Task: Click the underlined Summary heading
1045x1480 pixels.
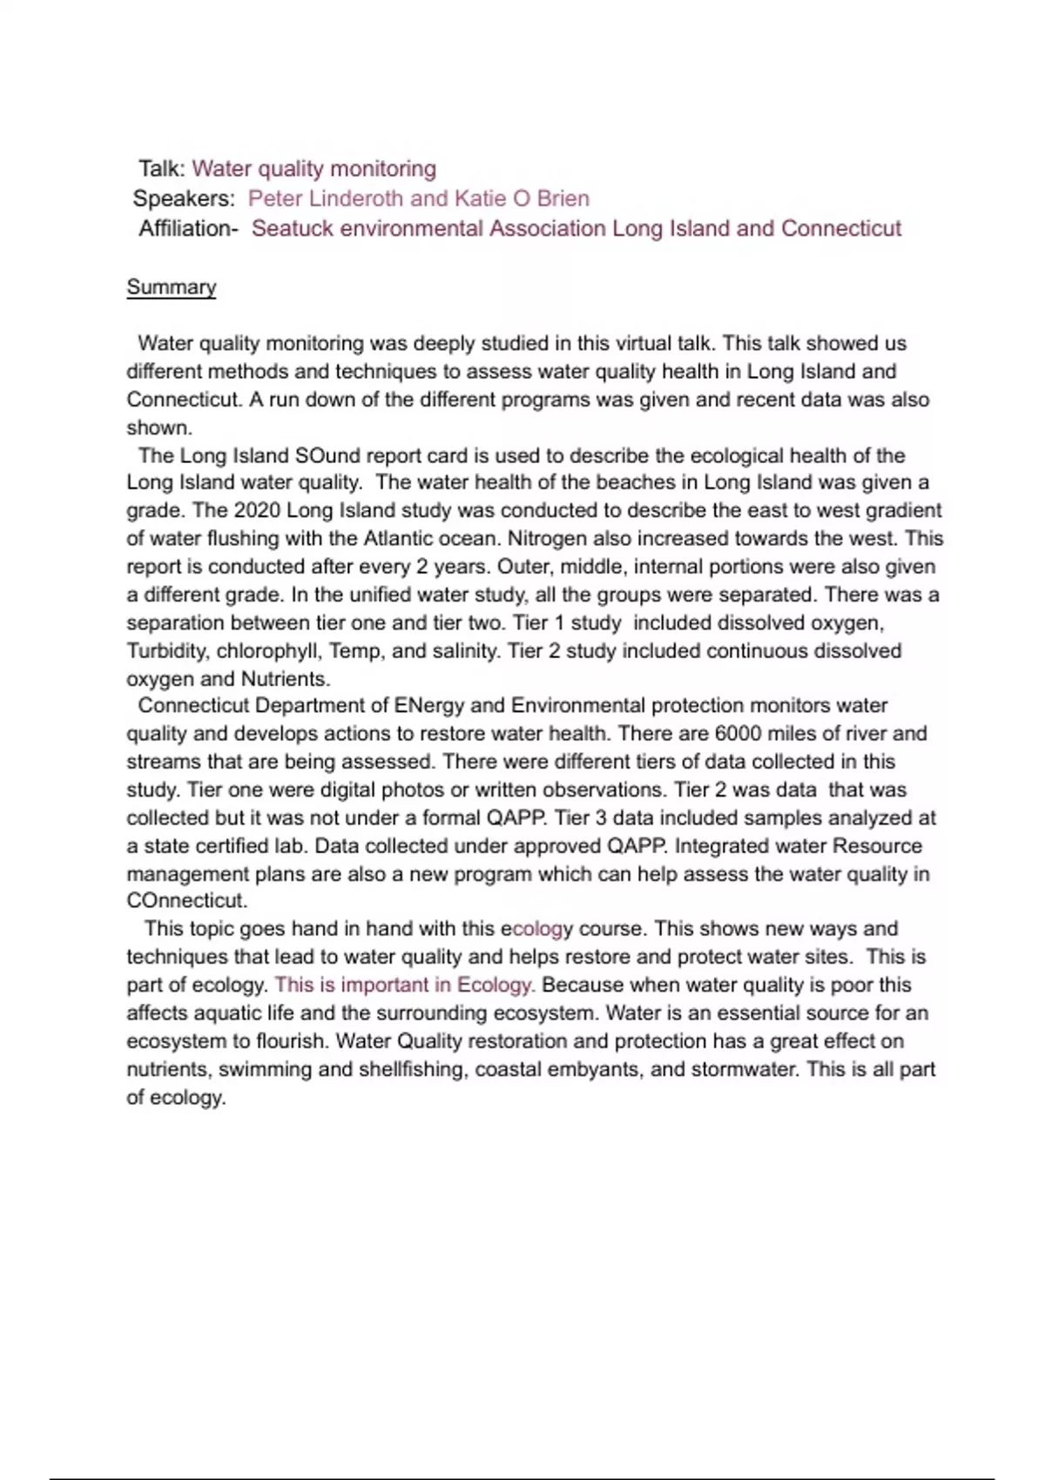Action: [x=171, y=287]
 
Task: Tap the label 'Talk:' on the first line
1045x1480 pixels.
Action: [x=162, y=169]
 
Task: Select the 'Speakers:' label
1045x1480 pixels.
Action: [x=184, y=198]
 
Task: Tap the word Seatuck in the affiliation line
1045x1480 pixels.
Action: [x=293, y=228]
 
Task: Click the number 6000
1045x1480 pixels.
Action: [x=738, y=734]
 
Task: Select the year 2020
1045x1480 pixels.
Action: [x=257, y=510]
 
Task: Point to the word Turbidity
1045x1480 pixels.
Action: [x=168, y=651]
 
